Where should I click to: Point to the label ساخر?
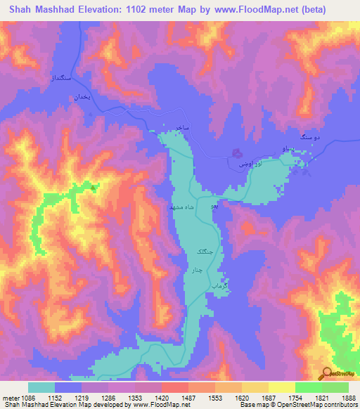point(181,126)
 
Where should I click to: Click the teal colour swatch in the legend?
point(41,387)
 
